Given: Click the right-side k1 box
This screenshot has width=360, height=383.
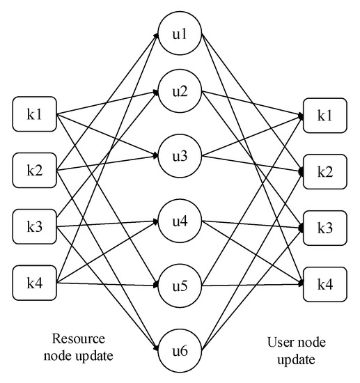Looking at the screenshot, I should point(324,114).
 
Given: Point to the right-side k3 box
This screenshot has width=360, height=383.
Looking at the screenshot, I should point(324,227).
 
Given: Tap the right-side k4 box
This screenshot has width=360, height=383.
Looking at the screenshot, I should point(324,283).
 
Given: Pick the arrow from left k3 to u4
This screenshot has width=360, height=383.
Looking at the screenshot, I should point(104,224).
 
